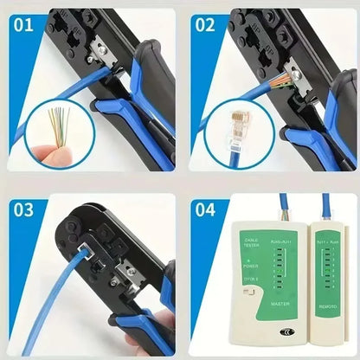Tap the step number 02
point(205,23)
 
